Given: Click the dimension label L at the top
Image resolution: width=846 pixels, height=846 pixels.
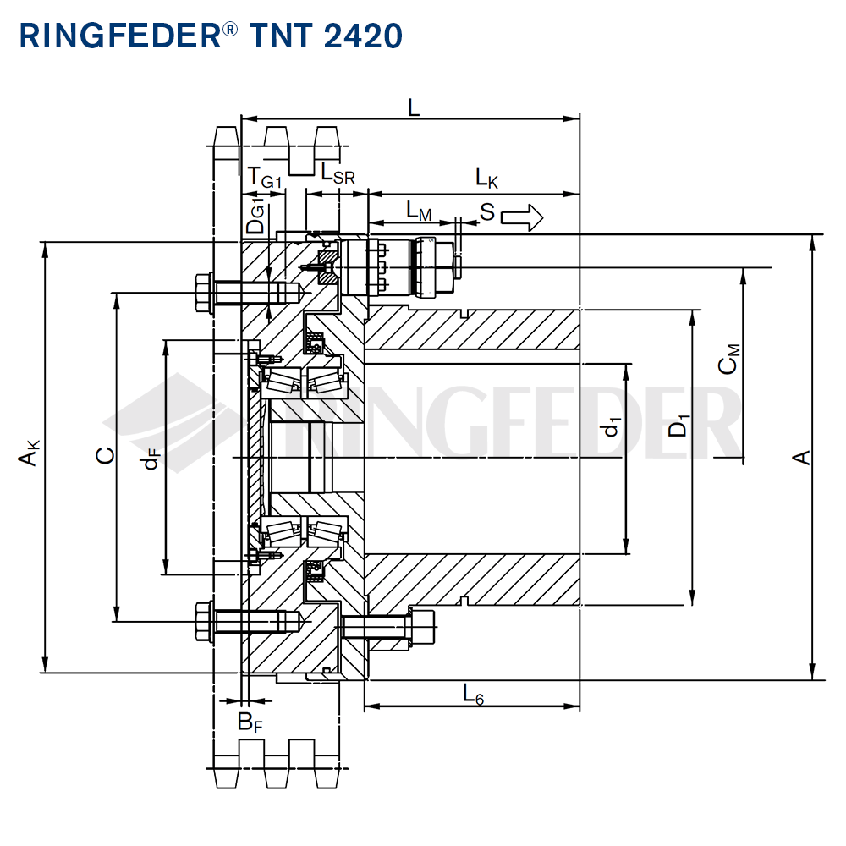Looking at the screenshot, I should click(414, 107).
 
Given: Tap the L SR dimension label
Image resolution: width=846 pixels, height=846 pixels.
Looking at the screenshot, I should click(338, 174).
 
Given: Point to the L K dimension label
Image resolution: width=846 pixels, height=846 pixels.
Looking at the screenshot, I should click(486, 178).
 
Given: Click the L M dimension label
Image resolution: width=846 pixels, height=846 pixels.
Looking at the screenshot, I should click(419, 210).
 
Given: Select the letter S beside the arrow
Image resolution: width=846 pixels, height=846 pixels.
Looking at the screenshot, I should click(486, 211).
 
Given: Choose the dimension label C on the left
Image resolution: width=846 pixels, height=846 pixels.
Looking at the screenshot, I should click(104, 456).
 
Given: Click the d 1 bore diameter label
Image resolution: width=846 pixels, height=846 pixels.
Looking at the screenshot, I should click(610, 427).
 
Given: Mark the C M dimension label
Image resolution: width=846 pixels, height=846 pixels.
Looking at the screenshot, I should click(728, 359).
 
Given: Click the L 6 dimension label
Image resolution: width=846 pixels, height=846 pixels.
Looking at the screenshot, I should click(473, 694).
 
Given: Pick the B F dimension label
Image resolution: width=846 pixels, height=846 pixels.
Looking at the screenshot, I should click(250, 722).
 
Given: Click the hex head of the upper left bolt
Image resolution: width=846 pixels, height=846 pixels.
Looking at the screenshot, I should click(203, 292).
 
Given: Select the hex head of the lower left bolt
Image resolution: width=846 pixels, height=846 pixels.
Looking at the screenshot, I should click(203, 621).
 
